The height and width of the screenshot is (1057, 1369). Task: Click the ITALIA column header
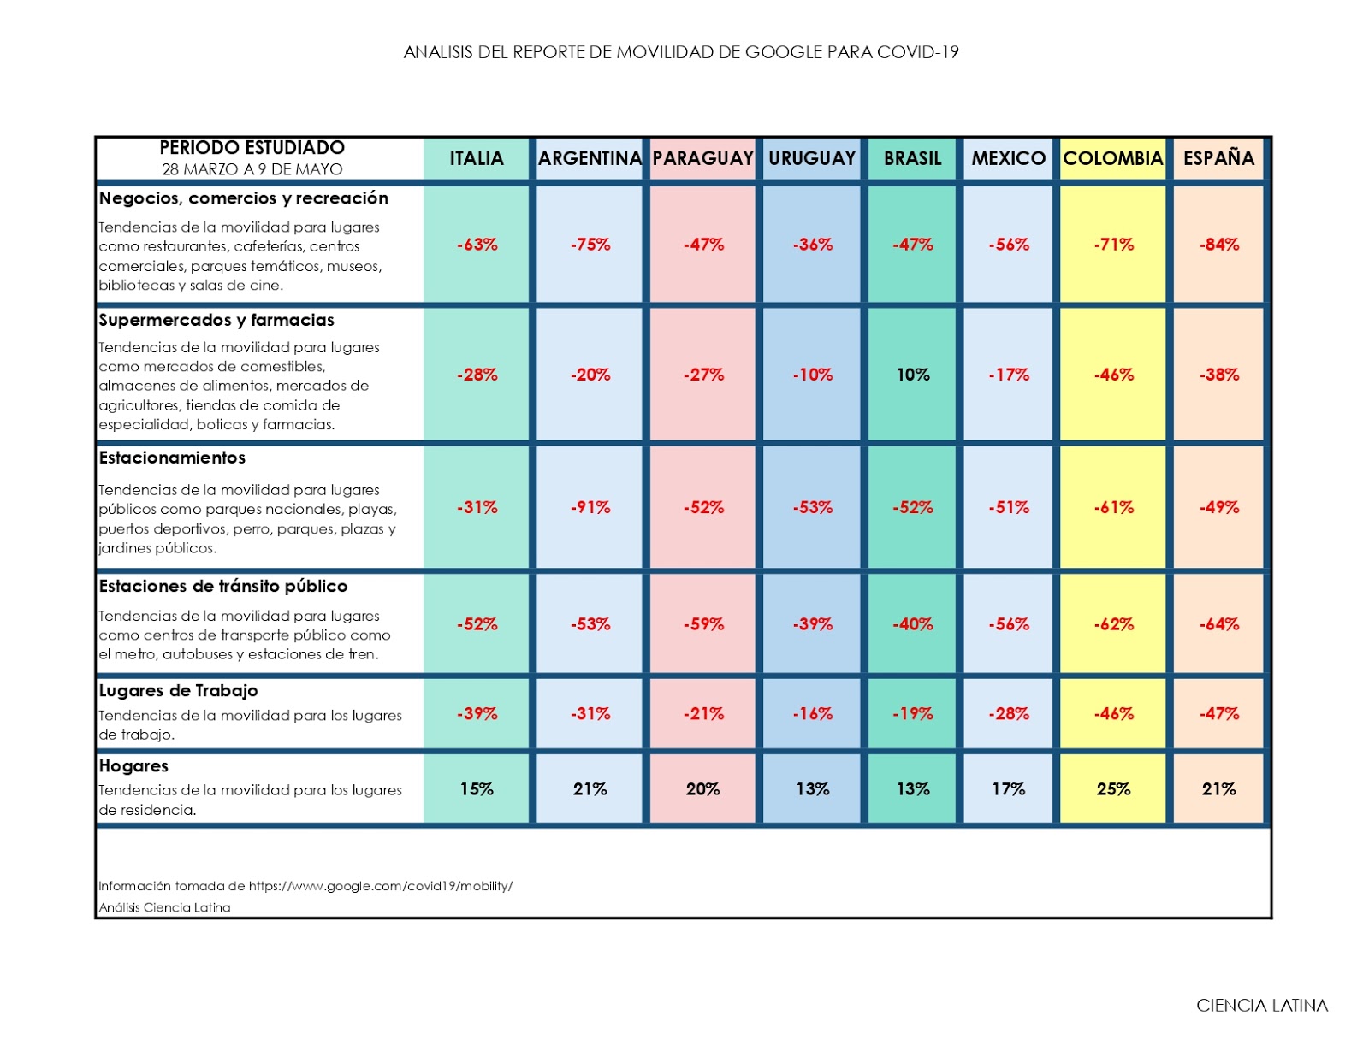477,158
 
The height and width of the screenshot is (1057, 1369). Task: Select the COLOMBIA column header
1112,158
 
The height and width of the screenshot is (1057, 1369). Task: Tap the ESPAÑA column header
1218,158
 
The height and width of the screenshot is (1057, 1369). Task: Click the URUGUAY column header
812,158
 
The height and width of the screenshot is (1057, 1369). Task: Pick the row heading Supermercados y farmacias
216,320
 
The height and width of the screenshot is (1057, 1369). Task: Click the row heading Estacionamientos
172,458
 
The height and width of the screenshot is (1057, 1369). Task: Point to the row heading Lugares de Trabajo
178,690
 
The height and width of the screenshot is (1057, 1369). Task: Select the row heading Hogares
133,765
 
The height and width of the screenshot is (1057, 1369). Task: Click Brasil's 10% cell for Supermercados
913,375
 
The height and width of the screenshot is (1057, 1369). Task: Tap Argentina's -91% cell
590,507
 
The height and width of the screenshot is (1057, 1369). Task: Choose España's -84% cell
1218,245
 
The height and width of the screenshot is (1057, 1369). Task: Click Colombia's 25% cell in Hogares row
1113,788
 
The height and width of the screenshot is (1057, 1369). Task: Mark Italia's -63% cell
477,245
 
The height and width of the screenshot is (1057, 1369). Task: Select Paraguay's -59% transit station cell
703,624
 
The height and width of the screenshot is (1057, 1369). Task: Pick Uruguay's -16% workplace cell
812,713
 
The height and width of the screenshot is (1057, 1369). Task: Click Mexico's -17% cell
1009,375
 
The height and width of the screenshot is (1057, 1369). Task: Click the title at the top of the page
681,52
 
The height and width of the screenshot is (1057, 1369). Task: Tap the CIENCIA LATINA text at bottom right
1262,1006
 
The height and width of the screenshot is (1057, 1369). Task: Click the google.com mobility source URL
381,886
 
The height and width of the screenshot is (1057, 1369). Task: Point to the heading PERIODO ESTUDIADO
252,148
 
